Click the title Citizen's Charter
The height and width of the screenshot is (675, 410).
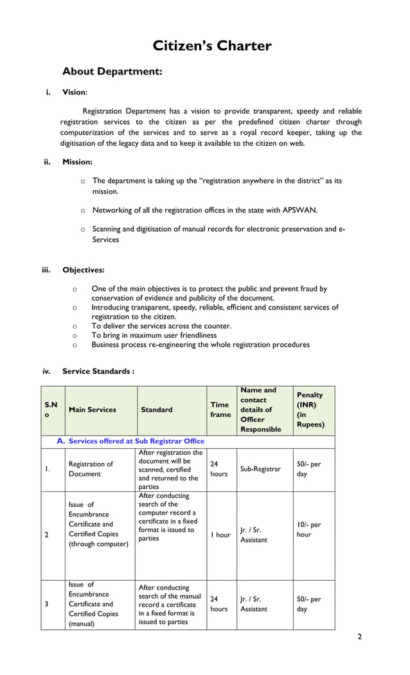point(211,46)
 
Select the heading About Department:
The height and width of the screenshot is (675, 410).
point(112,72)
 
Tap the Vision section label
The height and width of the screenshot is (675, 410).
point(74,92)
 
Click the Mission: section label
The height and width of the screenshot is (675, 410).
point(77,162)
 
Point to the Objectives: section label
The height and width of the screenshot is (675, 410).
point(83,270)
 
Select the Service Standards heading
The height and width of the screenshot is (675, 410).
point(98,371)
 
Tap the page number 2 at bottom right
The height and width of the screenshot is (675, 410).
point(359,637)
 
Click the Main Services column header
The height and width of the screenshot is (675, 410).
point(93,410)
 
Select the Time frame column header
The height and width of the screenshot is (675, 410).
point(220,409)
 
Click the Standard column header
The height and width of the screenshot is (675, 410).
point(157,410)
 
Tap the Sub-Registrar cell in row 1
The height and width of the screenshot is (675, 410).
point(260,469)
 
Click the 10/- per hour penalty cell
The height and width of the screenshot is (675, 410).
point(308,529)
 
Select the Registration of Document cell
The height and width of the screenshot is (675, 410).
point(91,469)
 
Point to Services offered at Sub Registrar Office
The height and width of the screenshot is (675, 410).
point(136,441)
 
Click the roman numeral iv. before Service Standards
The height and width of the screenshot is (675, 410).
point(46,371)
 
